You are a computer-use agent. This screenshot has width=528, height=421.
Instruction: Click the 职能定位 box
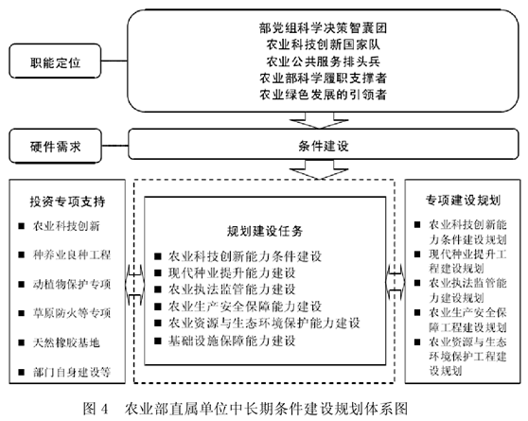[55, 61]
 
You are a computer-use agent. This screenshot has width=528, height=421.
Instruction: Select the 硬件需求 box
[55, 146]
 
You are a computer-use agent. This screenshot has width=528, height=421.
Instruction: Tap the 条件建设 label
[324, 147]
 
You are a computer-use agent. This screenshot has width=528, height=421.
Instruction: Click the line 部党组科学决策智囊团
[323, 28]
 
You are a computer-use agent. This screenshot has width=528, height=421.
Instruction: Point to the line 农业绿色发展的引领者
[323, 95]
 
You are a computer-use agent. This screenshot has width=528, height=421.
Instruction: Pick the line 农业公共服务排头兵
[323, 61]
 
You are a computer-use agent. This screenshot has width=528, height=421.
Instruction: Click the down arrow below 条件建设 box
[319, 169]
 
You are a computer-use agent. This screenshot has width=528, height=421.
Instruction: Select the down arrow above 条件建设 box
[319, 120]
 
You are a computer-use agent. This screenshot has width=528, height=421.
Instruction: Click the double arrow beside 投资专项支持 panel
[134, 284]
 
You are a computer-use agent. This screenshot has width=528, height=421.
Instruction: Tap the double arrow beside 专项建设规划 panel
[396, 282]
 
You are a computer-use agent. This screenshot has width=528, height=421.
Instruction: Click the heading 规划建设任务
[265, 231]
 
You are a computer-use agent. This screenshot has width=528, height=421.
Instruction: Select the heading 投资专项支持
[67, 202]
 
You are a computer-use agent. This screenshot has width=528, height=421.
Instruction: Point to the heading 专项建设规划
[463, 200]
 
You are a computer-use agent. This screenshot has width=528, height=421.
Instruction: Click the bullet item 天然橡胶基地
[66, 342]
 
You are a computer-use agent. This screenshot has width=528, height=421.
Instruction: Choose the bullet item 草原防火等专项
[72, 313]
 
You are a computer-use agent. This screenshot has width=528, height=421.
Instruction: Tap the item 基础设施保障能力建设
[232, 341]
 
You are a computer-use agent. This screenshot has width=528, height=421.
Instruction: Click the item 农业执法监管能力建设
[232, 289]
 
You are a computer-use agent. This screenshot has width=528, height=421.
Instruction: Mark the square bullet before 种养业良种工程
[22, 254]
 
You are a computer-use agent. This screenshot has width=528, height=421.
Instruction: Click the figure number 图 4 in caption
[96, 409]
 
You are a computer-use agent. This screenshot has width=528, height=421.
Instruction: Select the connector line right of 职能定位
[114, 61]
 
